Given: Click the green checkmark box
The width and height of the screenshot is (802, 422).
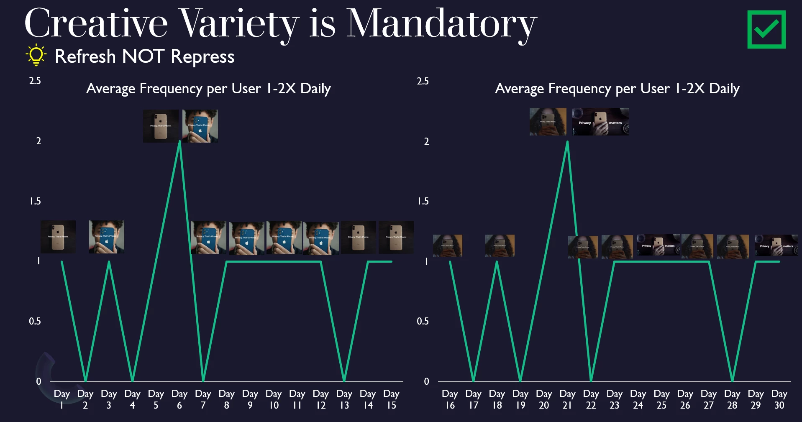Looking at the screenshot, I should (766, 30).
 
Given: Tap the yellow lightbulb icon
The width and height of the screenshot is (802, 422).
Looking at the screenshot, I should (36, 55).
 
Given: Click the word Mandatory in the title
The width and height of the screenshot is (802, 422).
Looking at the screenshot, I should (441, 24).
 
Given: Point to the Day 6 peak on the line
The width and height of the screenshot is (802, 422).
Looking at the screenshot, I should (179, 142).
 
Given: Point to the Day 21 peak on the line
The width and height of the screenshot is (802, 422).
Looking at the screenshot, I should (567, 142).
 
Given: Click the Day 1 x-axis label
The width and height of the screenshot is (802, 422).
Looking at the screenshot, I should (62, 399).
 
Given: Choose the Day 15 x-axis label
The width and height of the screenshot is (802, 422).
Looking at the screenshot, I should (391, 399).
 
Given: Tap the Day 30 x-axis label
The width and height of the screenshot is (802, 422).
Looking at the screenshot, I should (779, 399).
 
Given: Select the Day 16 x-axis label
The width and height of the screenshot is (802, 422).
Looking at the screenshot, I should (450, 399).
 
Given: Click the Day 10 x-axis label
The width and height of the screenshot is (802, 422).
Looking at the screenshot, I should (274, 399).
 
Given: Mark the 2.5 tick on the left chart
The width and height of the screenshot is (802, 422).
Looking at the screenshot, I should (35, 81).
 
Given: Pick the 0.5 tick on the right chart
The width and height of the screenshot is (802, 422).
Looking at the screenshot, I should (423, 321).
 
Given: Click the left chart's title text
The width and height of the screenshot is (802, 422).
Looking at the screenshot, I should (208, 89).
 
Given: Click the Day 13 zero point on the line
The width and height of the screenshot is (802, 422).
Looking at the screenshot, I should (344, 381).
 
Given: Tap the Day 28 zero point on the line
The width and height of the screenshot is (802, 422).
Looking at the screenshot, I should (732, 381).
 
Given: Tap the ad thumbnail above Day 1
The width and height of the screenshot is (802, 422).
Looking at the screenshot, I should (58, 237).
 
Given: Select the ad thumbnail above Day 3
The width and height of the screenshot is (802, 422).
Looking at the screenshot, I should (107, 237).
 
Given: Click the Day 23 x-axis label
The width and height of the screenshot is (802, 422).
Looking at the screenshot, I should (614, 399).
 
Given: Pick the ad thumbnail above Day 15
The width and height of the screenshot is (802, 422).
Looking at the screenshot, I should (396, 237).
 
